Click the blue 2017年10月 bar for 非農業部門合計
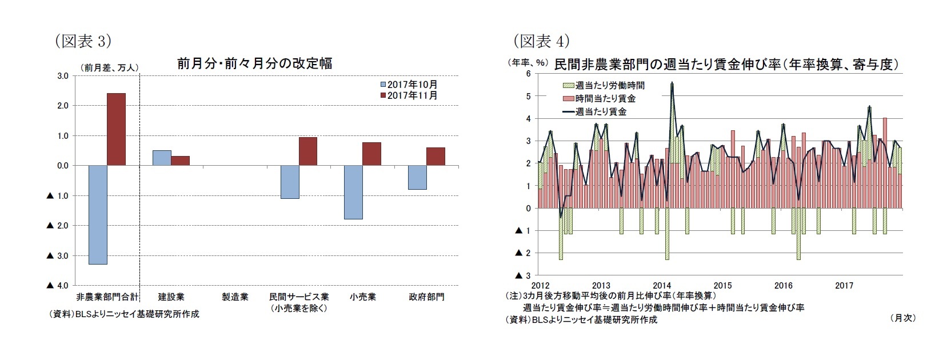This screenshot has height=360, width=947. click(x=98, y=215)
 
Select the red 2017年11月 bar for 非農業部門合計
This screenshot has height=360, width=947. click(x=117, y=129)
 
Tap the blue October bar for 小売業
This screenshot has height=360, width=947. click(x=353, y=193)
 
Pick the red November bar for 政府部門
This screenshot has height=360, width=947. click(x=435, y=157)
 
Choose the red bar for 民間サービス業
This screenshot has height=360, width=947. click(x=307, y=151)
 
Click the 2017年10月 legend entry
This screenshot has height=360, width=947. click(x=409, y=85)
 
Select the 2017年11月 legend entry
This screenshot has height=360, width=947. click(x=409, y=95)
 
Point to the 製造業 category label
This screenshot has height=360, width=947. click(x=235, y=297)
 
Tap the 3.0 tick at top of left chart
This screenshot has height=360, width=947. click(x=63, y=75)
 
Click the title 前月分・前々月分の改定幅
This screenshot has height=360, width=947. click(x=254, y=63)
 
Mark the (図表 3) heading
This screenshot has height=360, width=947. click(x=81, y=41)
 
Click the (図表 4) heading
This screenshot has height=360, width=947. click(x=541, y=41)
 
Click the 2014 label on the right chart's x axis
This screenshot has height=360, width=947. click(x=662, y=285)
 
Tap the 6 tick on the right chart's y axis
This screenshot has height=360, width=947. click(x=529, y=74)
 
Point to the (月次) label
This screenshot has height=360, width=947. click(x=902, y=318)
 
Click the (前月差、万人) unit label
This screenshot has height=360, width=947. click(x=109, y=67)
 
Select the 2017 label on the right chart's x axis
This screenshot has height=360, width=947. click(x=844, y=285)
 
